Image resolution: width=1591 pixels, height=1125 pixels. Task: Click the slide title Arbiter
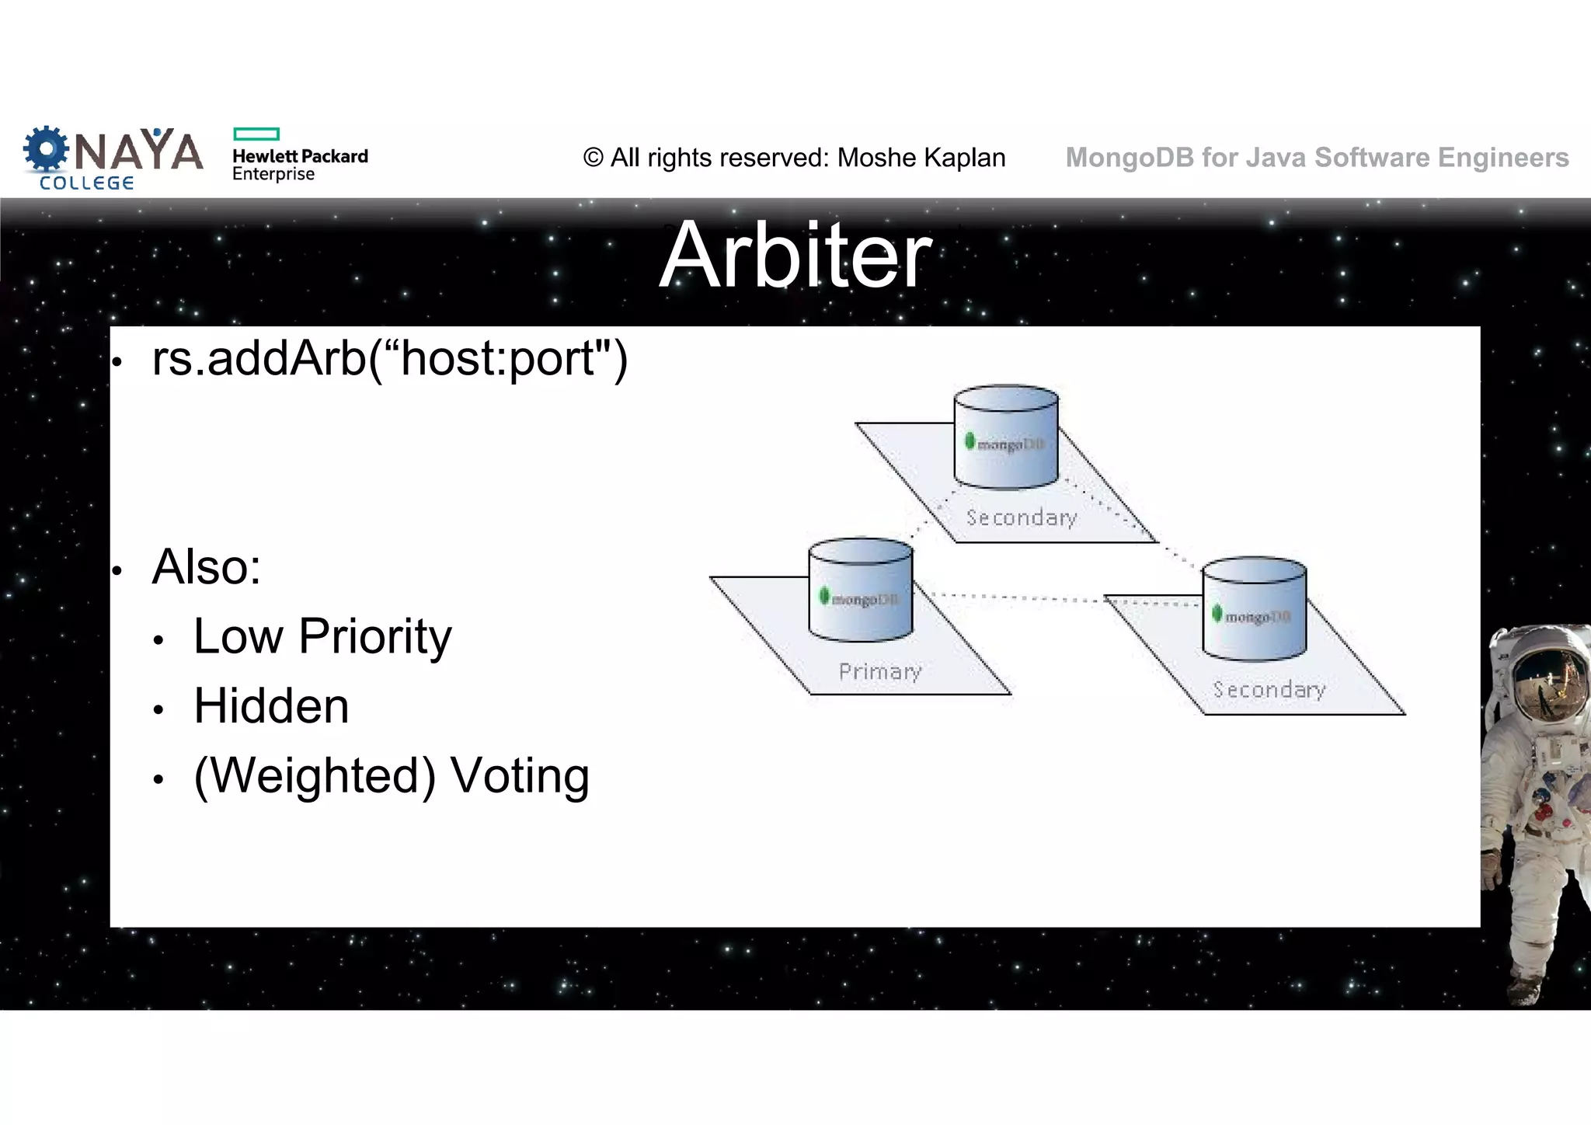tap(795, 255)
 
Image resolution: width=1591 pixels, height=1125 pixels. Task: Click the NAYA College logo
tap(113, 158)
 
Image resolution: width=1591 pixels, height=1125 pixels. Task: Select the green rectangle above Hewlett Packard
tap(256, 134)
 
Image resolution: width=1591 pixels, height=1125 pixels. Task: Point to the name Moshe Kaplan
tap(921, 158)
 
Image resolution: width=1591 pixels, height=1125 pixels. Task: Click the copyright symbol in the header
tap(593, 158)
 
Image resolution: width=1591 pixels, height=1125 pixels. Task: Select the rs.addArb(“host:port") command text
tap(390, 359)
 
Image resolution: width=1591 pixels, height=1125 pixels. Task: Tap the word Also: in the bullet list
tap(207, 567)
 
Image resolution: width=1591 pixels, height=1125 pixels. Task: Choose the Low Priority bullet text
tap(322, 636)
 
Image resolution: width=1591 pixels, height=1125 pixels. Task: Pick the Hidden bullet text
tap(271, 706)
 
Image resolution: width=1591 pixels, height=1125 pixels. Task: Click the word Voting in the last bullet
tap(520, 775)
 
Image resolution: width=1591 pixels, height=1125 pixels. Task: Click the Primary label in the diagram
tap(880, 671)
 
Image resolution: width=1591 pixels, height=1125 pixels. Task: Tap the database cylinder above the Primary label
tap(861, 590)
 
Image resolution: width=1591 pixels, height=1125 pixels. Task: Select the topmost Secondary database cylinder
tap(1006, 437)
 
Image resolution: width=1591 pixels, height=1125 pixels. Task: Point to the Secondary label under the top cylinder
tap(1022, 517)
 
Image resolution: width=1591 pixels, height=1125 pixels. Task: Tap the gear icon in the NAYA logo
tap(46, 149)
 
